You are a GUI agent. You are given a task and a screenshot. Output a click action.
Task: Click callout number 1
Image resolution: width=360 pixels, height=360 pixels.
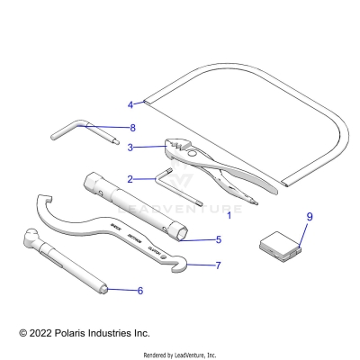point(229,216)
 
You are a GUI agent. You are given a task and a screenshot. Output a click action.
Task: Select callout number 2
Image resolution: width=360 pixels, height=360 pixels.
point(131,178)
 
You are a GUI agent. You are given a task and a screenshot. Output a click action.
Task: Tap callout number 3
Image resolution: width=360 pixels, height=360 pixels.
point(131,147)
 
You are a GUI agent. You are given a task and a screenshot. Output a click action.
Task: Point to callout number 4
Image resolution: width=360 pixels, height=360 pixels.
point(130,104)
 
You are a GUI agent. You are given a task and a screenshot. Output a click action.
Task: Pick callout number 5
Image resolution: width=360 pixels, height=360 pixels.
point(218,240)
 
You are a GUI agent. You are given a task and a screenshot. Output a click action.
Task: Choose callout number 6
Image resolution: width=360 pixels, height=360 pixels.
point(139,291)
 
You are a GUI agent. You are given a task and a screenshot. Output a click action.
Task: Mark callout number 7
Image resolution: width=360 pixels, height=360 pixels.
point(218,265)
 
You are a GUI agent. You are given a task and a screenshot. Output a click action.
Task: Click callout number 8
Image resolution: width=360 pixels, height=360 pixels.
point(132,128)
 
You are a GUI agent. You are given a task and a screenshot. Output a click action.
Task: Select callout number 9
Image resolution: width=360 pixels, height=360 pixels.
point(284,218)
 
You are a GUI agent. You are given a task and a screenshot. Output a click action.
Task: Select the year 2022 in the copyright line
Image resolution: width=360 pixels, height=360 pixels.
point(45,333)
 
